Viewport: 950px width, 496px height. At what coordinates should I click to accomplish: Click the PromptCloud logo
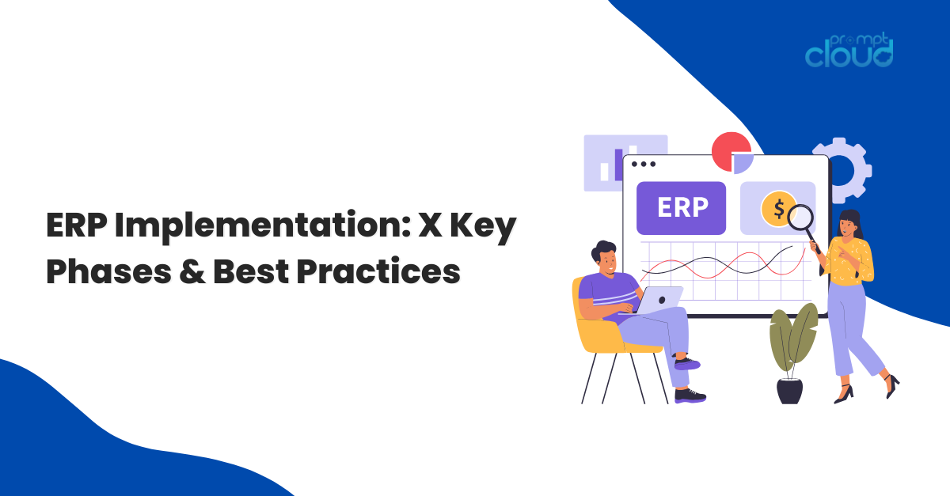(x=849, y=51)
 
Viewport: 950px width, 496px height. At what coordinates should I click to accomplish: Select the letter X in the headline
(x=430, y=225)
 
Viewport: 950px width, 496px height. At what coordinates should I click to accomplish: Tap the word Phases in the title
(x=109, y=271)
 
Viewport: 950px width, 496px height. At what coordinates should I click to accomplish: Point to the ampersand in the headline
(x=192, y=271)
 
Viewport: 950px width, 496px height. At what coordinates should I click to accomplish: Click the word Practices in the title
(x=378, y=271)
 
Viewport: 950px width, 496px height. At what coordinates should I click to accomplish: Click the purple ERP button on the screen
(x=681, y=208)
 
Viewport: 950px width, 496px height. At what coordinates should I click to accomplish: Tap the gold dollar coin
(x=777, y=209)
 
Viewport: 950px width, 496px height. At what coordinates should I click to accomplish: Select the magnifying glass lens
(x=800, y=218)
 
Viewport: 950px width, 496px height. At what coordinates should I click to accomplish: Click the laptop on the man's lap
(x=656, y=300)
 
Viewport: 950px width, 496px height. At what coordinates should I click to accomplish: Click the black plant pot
(x=789, y=391)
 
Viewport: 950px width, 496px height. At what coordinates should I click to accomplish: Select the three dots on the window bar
(x=644, y=164)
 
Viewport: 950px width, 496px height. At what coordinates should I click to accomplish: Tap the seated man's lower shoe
(x=690, y=396)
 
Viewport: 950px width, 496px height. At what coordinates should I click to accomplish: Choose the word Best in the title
(x=251, y=271)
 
